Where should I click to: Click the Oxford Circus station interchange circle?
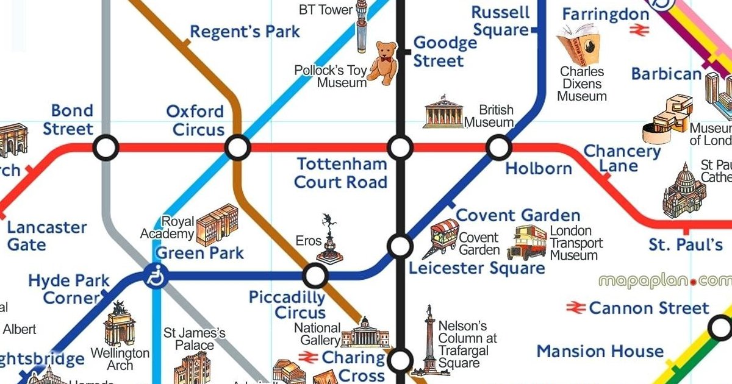237,148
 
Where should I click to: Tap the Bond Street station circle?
106,148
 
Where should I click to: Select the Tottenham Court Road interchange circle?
400,148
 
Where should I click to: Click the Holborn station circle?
499,148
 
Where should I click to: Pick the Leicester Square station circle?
400,246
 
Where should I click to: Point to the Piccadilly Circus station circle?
315,276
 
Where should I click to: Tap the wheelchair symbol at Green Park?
156,277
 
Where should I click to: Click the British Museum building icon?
443,112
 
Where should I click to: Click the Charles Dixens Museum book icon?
578,44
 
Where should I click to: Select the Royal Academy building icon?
217,225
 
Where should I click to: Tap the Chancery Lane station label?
622,158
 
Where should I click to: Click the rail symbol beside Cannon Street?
576,308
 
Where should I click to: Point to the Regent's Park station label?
245,32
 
